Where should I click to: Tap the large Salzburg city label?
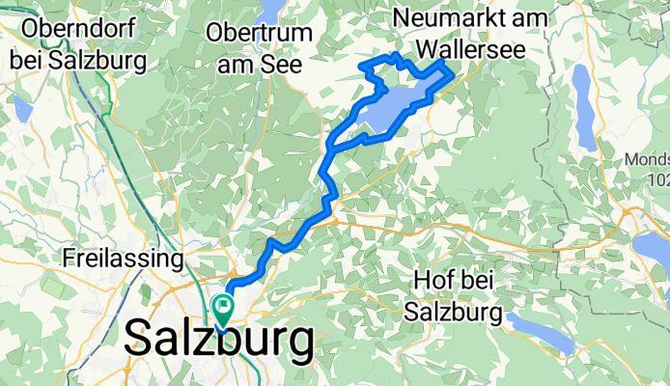(x=219, y=340)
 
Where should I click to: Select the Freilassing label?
(x=123, y=259)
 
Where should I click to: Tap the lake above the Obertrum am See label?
(x=273, y=10)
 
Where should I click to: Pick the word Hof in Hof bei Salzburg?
(x=434, y=281)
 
